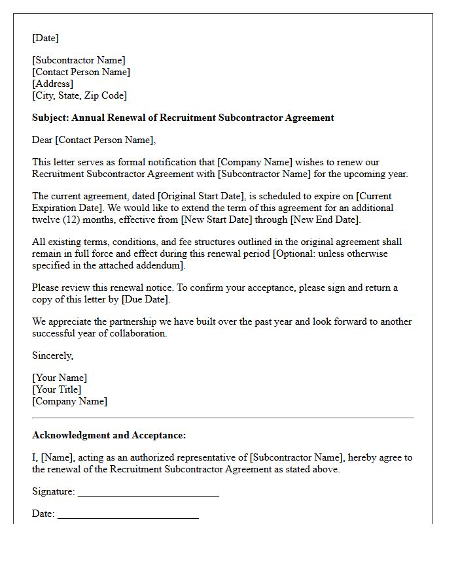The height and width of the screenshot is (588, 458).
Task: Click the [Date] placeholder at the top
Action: tap(45, 38)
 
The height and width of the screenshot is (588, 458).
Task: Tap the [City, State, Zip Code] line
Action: tap(79, 95)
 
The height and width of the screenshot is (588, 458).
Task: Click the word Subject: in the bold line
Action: tap(50, 118)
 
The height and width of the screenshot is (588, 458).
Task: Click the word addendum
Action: tap(162, 265)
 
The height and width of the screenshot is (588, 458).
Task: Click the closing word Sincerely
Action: tap(52, 355)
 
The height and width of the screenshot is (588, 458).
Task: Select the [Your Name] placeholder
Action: tap(60, 378)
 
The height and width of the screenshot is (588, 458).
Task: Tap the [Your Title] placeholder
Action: tap(57, 389)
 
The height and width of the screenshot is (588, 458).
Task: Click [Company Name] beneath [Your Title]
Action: tap(69, 401)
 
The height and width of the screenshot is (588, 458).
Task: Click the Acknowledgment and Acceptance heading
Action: tap(109, 435)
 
